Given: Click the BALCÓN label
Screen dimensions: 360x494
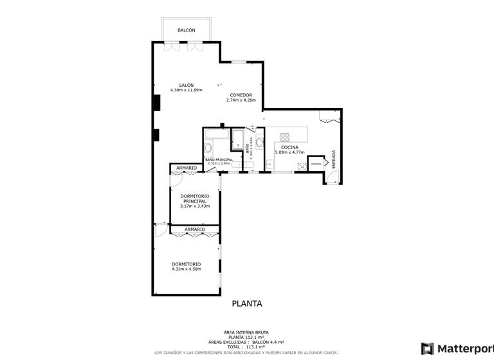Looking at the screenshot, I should tap(186, 31).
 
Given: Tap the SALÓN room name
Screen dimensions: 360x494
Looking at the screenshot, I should tap(186, 85).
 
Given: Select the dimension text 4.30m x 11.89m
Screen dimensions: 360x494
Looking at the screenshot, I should tap(186, 91).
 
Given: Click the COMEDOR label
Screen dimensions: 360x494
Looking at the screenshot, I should tap(241, 95).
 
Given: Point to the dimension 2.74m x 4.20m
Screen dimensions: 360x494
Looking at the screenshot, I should tap(241, 101).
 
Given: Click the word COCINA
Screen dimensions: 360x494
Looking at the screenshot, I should tap(289, 147).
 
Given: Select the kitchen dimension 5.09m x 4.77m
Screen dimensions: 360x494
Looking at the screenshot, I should tap(289, 153).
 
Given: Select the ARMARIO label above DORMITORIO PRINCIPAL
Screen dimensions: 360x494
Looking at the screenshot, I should tap(187, 168).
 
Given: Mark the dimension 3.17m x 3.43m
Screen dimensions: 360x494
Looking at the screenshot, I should tap(195, 206).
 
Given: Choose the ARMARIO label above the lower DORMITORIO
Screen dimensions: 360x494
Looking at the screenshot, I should tap(195, 230).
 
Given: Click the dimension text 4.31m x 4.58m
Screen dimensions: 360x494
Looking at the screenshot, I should tap(187, 269).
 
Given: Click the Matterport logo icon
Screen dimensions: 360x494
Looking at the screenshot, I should tap(428, 348).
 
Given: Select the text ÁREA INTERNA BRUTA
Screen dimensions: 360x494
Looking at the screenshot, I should tap(246, 333).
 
